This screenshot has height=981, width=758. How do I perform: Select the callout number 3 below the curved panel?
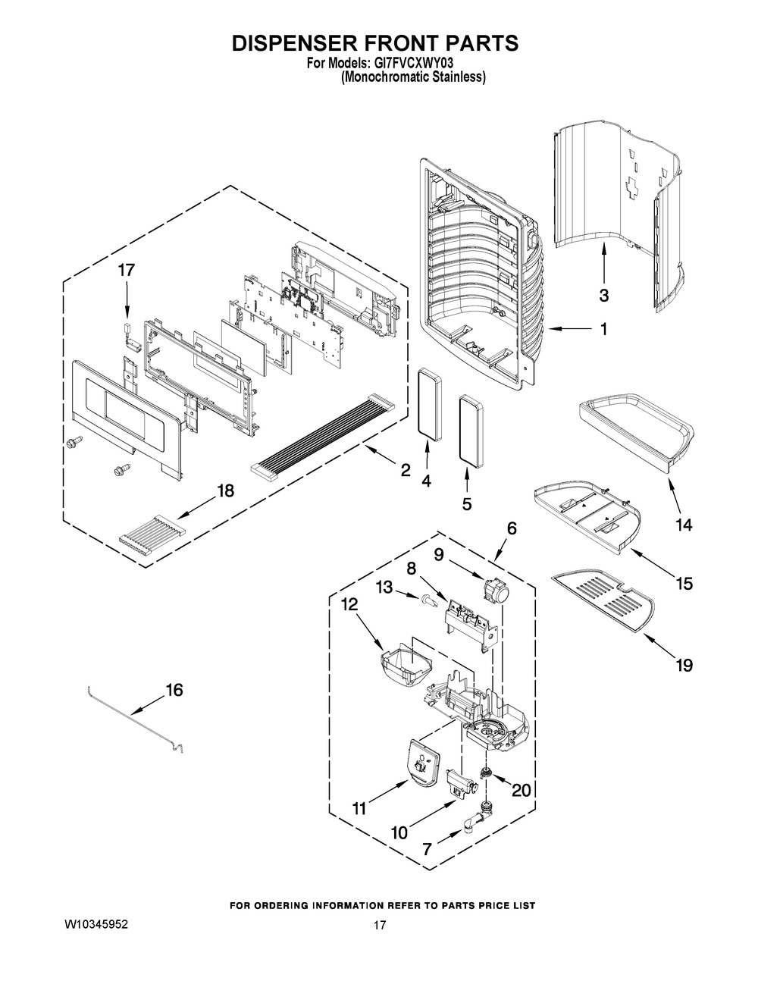click(x=604, y=294)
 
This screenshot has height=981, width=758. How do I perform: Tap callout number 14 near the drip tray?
click(x=684, y=525)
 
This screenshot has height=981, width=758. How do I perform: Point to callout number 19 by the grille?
click(x=684, y=666)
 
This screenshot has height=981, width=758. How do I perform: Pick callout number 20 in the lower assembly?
click(x=521, y=790)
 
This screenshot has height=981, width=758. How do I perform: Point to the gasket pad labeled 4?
click(x=431, y=404)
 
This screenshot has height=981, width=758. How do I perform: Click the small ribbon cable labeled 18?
click(x=152, y=533)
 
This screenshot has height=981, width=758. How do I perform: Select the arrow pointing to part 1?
click(x=568, y=329)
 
